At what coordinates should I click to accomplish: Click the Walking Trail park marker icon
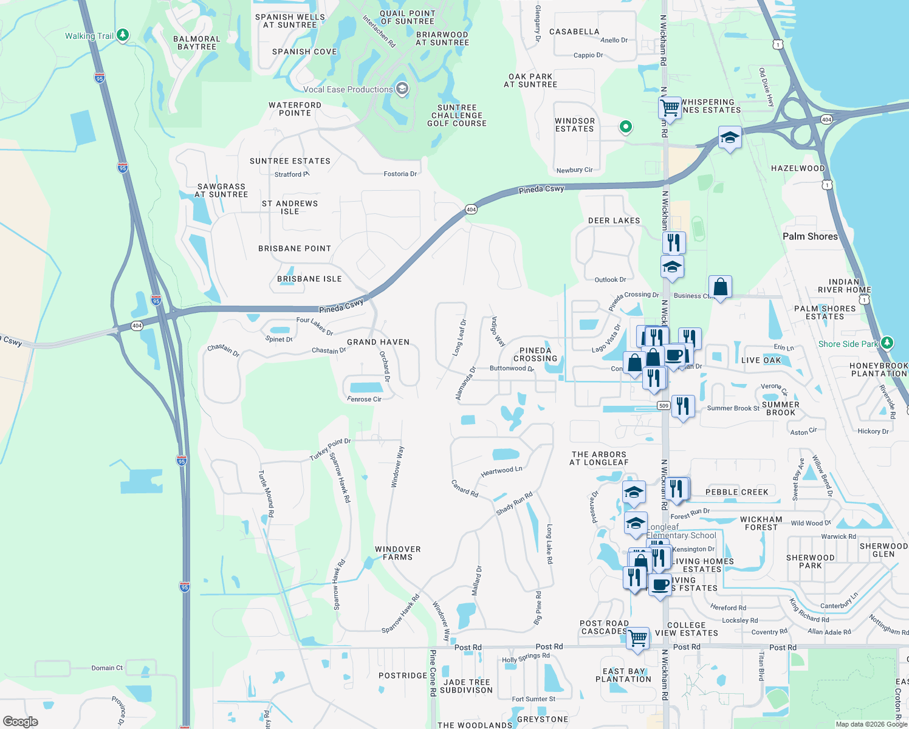(123, 35)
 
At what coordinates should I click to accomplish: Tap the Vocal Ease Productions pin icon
(402, 89)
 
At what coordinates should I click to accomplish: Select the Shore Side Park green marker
(887, 343)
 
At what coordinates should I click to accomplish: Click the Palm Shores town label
(810, 236)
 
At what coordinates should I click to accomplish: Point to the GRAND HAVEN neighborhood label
(378, 342)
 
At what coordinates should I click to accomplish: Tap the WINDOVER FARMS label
(397, 553)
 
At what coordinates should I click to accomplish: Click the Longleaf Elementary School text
(681, 532)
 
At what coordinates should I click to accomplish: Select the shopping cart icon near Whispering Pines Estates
(670, 108)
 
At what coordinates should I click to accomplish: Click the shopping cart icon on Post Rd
(637, 638)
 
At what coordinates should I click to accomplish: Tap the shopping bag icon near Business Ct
(720, 287)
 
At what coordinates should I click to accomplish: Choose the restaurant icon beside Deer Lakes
(674, 242)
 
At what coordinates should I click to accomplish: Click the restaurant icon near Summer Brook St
(683, 406)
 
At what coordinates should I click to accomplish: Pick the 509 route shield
(664, 406)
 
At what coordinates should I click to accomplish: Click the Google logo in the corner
(21, 721)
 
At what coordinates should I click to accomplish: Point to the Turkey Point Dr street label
(330, 449)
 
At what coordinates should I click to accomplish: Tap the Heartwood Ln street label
(501, 471)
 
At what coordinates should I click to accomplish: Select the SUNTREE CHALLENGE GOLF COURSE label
(457, 115)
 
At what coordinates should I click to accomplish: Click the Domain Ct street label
(107, 668)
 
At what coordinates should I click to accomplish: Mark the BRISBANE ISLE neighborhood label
(309, 279)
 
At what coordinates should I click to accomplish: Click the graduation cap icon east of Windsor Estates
(730, 138)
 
